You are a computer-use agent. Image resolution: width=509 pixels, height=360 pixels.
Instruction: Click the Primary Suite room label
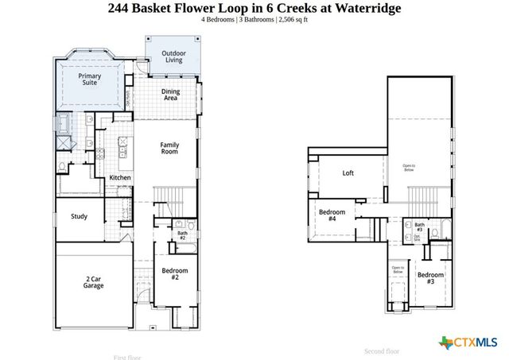click(x=90, y=79)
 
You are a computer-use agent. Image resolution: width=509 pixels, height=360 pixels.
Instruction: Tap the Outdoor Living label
click(x=173, y=57)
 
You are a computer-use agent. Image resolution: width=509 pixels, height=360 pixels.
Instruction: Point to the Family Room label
click(x=170, y=149)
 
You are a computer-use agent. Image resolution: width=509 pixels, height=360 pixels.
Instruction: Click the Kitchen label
click(x=120, y=177)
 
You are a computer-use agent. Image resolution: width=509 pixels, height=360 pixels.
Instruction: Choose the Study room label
click(x=79, y=216)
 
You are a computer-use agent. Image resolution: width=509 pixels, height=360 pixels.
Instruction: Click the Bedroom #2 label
click(x=174, y=274)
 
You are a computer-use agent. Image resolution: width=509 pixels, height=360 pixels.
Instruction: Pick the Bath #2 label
click(x=181, y=236)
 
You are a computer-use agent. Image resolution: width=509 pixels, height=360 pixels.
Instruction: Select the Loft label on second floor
click(x=348, y=172)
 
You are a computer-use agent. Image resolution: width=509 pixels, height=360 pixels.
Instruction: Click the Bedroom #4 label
click(x=332, y=216)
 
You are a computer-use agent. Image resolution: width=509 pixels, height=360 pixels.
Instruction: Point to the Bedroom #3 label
click(x=430, y=278)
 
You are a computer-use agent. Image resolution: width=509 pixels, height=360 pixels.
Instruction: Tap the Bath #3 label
click(x=419, y=228)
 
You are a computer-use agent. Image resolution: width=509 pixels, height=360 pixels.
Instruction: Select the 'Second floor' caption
click(x=382, y=350)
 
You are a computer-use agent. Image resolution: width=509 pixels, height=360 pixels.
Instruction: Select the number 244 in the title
click(x=119, y=8)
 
